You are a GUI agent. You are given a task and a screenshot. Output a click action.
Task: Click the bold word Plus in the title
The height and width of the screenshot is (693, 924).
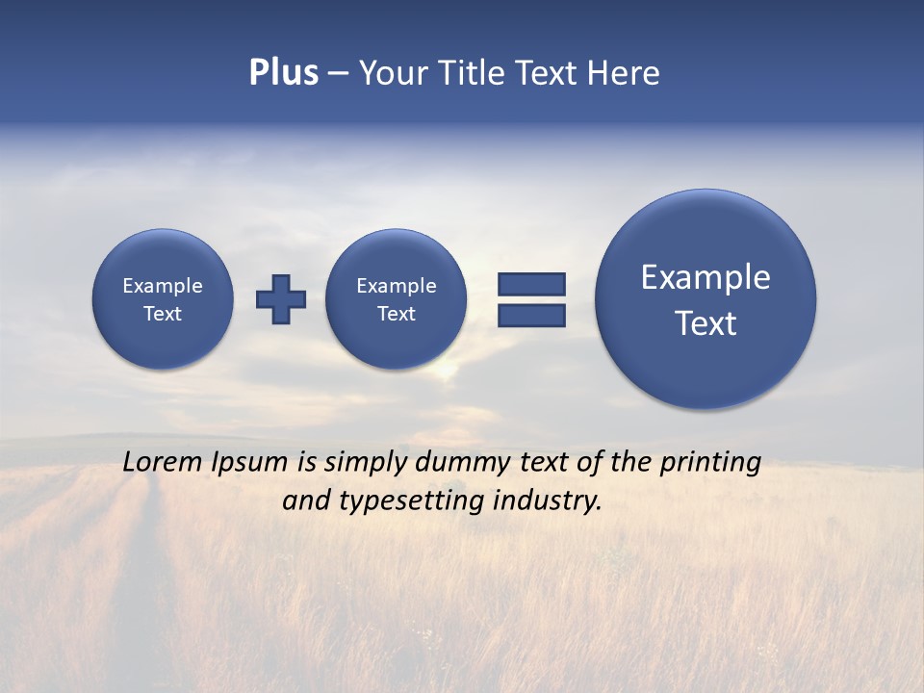pos(283,72)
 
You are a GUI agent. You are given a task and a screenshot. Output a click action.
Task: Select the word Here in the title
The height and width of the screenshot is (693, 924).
pos(625,73)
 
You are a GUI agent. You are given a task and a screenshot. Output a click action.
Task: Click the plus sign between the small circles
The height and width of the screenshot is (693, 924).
pos(280,299)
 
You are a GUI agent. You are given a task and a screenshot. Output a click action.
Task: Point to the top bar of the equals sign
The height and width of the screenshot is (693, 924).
pos(531,284)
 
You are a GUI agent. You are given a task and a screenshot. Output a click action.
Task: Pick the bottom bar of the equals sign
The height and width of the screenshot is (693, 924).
pos(531,315)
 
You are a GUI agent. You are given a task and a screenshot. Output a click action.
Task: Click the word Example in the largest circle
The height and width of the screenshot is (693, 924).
pos(706,277)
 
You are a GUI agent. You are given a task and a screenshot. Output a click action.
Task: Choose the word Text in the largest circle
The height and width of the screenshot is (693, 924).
pos(706,323)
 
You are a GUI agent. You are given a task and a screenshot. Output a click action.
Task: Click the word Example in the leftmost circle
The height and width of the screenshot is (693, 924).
pos(163,286)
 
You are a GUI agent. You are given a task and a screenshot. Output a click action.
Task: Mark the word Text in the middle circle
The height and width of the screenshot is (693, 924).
pos(396,314)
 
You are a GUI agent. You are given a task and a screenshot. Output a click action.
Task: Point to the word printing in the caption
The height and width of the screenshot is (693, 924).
pos(710,463)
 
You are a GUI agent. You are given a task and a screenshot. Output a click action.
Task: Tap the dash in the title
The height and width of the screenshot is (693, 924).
pos(338,73)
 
